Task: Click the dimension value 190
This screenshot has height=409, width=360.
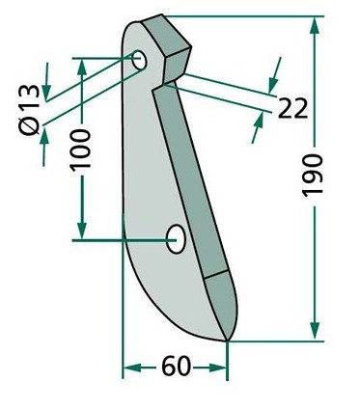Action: tap(313, 175)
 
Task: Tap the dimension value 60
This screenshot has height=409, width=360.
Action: tap(176, 367)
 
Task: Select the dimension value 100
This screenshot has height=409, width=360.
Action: tap(81, 150)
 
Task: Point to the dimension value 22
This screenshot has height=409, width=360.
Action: tap(292, 108)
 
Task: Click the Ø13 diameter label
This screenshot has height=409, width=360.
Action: tap(29, 110)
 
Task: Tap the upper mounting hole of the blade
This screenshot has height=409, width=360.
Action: tap(140, 60)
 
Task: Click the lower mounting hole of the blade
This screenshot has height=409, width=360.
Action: tap(176, 239)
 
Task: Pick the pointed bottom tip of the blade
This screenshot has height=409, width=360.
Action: tap(227, 341)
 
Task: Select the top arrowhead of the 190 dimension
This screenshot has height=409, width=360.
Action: tap(315, 27)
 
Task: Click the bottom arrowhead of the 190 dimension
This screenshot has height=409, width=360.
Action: tap(315, 330)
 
